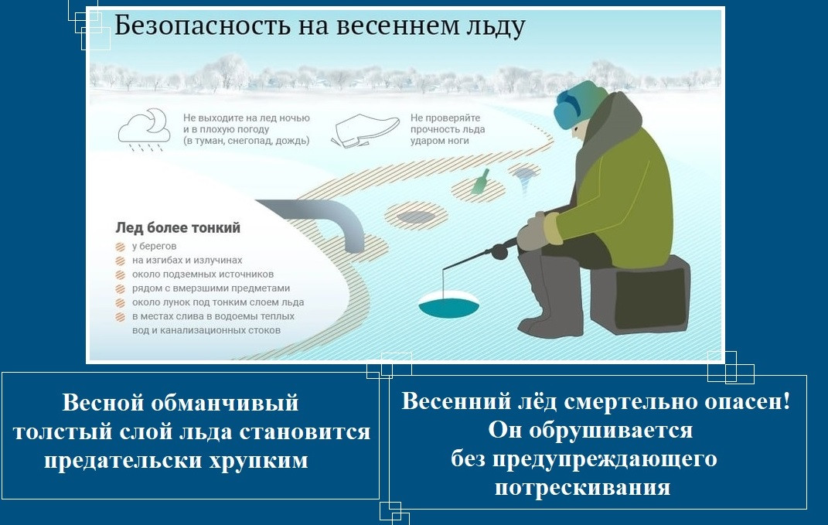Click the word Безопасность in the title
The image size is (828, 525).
(203, 26)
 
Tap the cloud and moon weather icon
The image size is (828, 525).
(144, 130)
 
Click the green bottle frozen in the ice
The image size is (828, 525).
(481, 181)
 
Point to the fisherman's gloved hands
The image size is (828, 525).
(535, 231)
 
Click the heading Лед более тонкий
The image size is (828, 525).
(178, 227)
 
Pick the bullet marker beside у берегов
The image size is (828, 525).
(121, 247)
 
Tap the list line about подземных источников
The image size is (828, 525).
(203, 274)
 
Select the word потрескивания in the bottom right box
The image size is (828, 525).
(582, 487)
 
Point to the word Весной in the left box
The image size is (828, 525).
(103, 403)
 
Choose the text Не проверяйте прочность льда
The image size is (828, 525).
(448, 124)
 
